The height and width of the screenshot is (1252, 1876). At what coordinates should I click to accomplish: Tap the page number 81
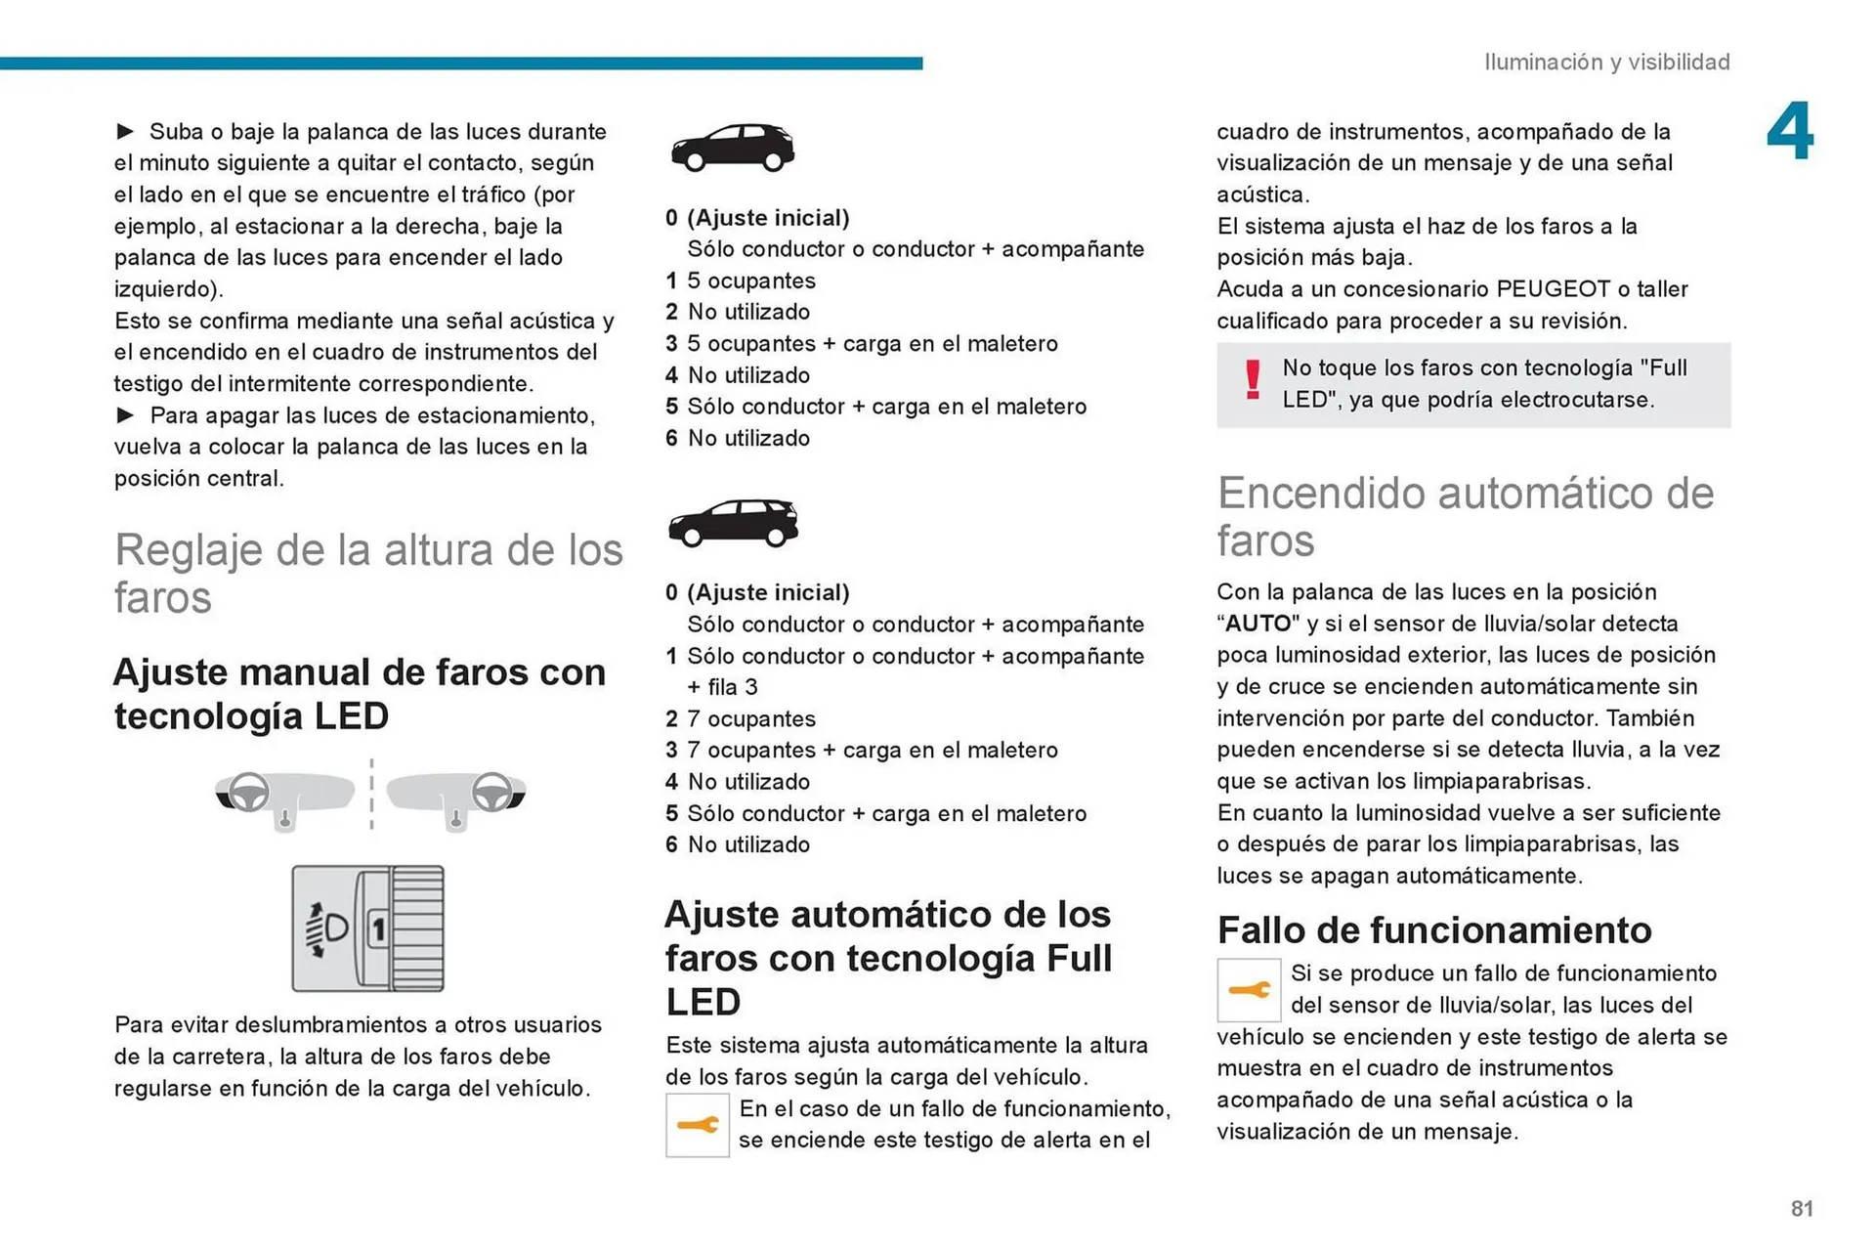(x=1802, y=1208)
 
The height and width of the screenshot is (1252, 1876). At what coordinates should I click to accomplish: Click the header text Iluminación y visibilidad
(x=1606, y=62)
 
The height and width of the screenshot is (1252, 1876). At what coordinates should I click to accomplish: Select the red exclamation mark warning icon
(x=1253, y=380)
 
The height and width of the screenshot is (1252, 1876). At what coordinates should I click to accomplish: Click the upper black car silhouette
(x=732, y=147)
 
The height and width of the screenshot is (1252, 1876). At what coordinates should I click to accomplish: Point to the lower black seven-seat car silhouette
(x=733, y=522)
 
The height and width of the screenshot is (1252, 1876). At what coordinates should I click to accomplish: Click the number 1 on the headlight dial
(x=378, y=928)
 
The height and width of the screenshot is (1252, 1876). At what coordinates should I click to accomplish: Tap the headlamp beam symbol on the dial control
(x=328, y=928)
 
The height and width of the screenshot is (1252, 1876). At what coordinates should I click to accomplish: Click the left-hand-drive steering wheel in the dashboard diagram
(x=248, y=792)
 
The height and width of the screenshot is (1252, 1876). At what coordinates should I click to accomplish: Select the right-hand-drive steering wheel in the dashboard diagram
(x=491, y=792)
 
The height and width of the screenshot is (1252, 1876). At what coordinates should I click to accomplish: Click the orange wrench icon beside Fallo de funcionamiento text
(x=1249, y=990)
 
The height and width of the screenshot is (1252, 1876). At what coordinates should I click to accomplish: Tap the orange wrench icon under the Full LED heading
(x=697, y=1125)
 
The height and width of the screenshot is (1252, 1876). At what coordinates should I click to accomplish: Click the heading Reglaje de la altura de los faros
(x=368, y=573)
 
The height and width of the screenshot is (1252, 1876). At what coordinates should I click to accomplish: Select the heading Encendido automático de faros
(x=1465, y=516)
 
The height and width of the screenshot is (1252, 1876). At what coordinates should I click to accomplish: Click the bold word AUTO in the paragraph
(x=1258, y=624)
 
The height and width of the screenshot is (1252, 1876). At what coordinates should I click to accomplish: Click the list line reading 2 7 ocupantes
(x=741, y=719)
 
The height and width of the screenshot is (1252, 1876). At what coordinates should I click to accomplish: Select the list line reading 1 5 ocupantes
(x=741, y=281)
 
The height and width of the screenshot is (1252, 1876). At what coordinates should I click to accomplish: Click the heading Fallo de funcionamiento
(x=1433, y=929)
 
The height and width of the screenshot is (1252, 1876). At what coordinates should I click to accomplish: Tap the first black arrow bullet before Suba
(x=125, y=131)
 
